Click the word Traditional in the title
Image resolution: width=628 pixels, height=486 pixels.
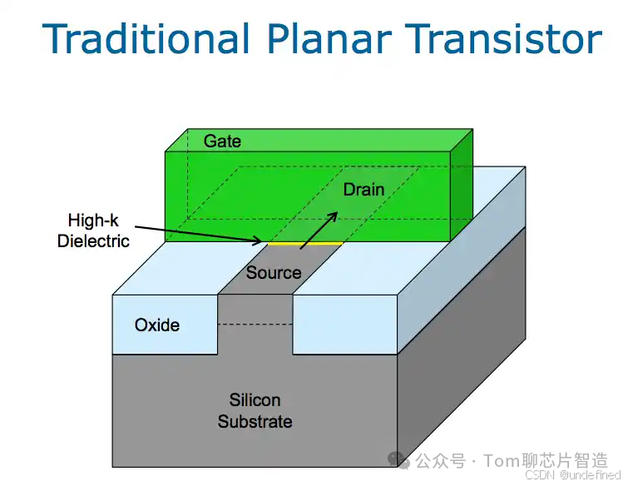coord(146,39)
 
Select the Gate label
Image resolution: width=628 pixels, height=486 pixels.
coord(222,141)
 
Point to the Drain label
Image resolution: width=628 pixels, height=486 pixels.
coord(363,190)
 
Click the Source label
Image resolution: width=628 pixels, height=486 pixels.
coord(273,273)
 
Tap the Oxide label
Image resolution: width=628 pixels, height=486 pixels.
coord(157,325)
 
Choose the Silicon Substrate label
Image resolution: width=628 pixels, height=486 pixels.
coord(255,411)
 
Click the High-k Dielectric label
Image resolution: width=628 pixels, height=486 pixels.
coord(93,231)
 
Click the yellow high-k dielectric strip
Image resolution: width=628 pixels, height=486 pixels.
coord(304,243)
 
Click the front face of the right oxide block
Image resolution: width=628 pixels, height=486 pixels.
coord(344,325)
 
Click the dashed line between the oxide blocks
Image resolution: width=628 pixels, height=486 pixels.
coord(255,325)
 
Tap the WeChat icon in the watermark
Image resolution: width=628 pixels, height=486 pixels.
coord(400,459)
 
